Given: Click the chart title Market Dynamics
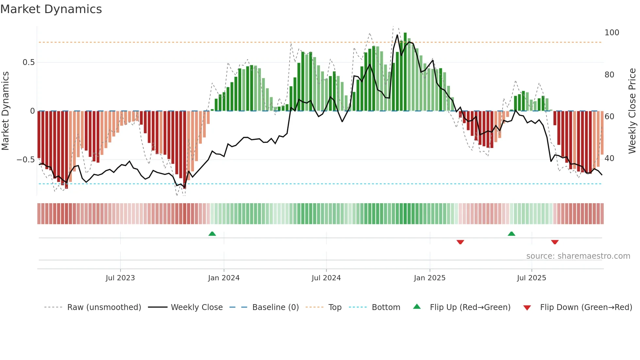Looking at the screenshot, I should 51,9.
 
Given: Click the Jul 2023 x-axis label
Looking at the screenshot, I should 120,278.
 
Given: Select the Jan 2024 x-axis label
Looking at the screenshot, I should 224,278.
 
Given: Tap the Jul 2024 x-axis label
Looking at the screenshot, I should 326,278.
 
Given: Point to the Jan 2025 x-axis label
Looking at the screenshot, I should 429,278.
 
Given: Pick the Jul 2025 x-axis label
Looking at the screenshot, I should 531,278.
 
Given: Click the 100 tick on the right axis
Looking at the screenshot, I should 612,33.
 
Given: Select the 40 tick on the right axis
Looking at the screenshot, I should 609,158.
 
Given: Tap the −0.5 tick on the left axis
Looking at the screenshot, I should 25,160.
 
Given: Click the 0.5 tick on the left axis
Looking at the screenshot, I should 28,62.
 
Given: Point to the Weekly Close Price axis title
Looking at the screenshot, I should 632,111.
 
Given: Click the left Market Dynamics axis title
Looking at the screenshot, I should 5,111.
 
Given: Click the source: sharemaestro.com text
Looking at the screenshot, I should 578,256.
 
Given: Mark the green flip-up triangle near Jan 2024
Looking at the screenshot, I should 212,234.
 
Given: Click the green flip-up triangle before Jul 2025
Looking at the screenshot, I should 511,234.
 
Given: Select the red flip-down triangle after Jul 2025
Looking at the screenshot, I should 555,242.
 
